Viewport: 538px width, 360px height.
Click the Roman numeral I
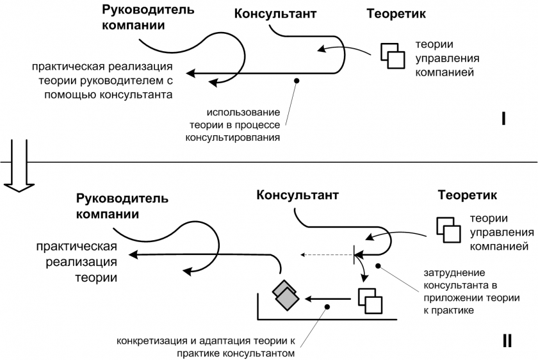click(503, 119)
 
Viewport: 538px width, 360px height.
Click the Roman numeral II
click(507, 341)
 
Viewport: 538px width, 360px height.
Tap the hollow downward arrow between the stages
click(19, 165)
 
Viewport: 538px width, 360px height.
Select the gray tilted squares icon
click(286, 295)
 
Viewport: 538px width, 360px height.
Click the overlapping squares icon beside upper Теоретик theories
click(393, 56)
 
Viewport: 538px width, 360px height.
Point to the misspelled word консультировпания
click(232, 138)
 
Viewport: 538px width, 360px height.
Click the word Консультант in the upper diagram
click(275, 13)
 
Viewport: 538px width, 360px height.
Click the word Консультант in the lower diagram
click(297, 195)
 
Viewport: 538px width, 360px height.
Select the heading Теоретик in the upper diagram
click(396, 13)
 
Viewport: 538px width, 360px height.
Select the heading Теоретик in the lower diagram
click(468, 195)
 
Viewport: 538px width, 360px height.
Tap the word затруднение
click(454, 273)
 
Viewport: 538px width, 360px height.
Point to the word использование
click(243, 112)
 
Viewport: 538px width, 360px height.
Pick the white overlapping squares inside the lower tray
click(370, 300)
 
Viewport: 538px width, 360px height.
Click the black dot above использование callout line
click(297, 81)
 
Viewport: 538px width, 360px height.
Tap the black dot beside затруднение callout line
click(378, 266)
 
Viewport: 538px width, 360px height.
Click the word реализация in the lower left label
click(81, 262)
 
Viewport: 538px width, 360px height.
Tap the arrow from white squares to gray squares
click(328, 299)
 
